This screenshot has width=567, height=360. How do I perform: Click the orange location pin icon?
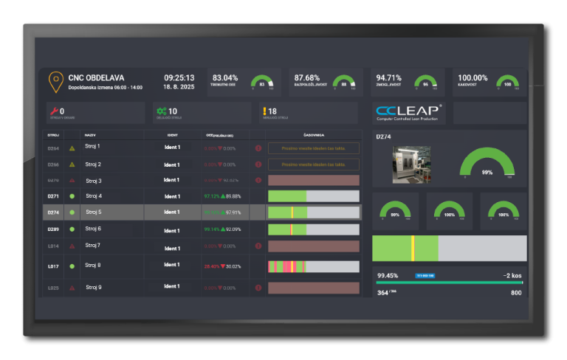tap(55, 81)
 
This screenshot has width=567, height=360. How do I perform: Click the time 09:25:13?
tap(179, 77)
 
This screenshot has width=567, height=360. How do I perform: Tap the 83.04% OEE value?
tap(225, 77)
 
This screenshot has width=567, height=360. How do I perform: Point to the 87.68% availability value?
tap(307, 77)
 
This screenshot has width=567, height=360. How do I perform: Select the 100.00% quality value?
tap(472, 77)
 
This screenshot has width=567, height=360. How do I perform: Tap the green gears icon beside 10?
tap(161, 112)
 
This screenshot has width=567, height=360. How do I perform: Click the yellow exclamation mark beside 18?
tap(263, 112)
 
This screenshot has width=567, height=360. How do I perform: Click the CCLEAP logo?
tap(409, 112)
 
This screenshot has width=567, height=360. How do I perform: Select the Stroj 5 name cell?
tap(94, 212)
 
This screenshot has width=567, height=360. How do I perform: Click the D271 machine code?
tap(53, 196)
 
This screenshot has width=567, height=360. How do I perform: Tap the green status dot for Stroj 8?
tap(72, 266)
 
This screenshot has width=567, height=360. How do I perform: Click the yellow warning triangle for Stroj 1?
tap(72, 148)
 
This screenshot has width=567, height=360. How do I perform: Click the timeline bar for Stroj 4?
tap(314, 196)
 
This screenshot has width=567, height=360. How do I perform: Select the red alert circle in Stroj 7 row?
tap(258, 246)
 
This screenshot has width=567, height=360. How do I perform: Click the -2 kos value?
tap(512, 275)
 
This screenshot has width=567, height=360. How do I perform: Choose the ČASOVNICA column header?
tap(314, 136)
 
